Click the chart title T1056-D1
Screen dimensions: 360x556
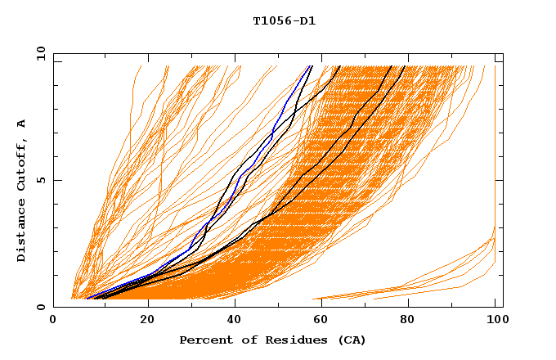tap(285, 21)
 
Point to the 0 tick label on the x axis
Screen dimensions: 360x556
tap(53, 320)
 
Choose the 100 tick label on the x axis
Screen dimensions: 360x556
tap(495, 320)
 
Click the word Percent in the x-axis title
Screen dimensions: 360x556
tap(202, 340)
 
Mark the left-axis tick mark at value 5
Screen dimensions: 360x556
tap(56, 180)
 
